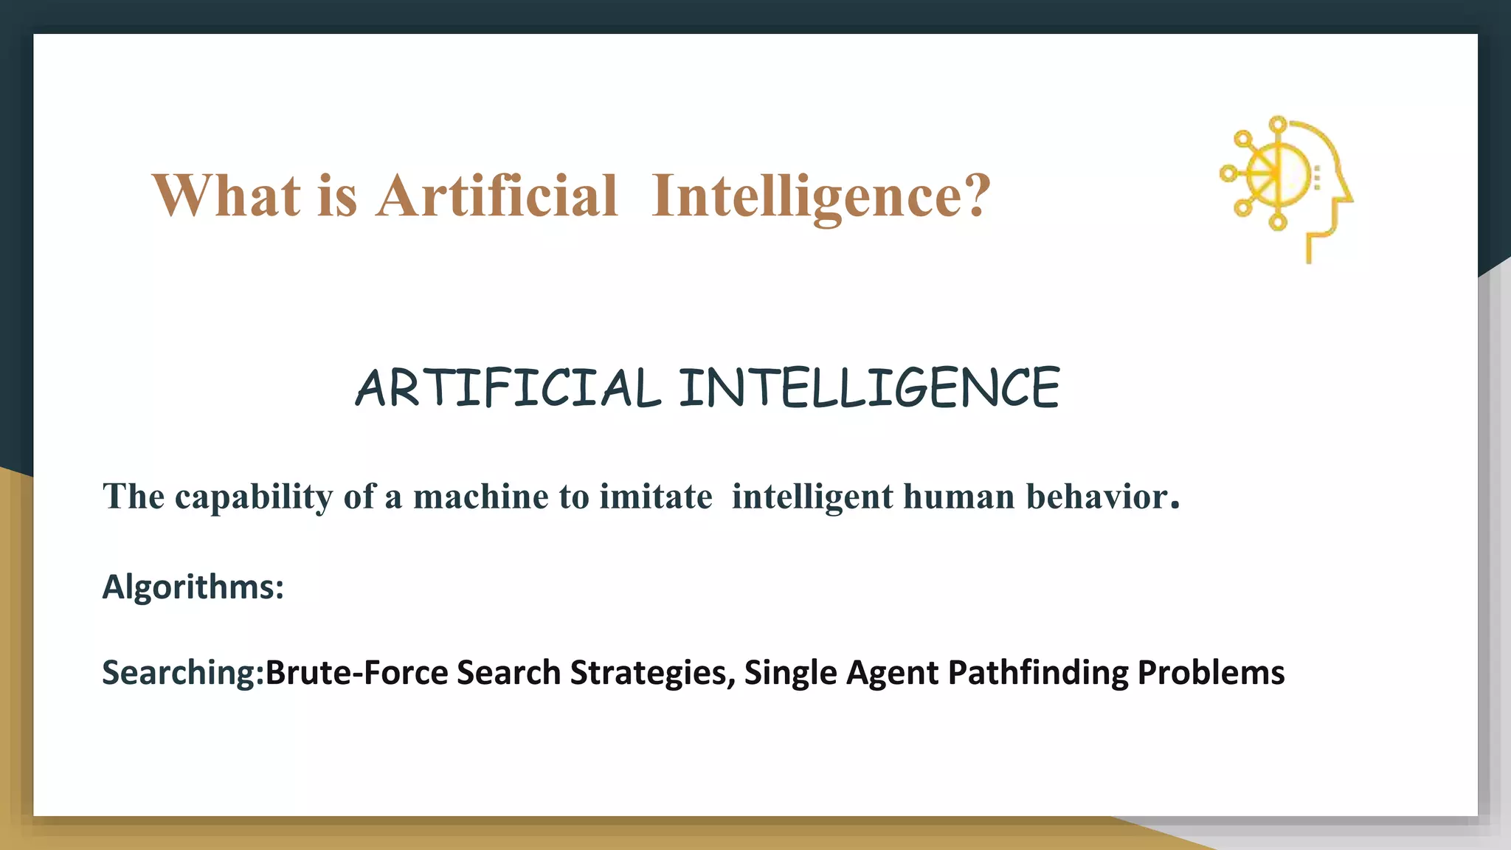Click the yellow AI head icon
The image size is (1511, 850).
[1287, 188]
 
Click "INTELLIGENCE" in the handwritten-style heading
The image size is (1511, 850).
[869, 388]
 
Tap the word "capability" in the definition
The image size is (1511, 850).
[254, 497]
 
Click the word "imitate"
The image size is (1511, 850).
[656, 497]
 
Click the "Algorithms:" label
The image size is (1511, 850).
[193, 587]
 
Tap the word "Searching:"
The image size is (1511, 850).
[183, 673]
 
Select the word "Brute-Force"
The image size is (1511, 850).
[356, 673]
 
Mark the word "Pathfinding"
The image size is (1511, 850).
[1037, 673]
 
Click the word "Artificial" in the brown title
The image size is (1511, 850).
[497, 196]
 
